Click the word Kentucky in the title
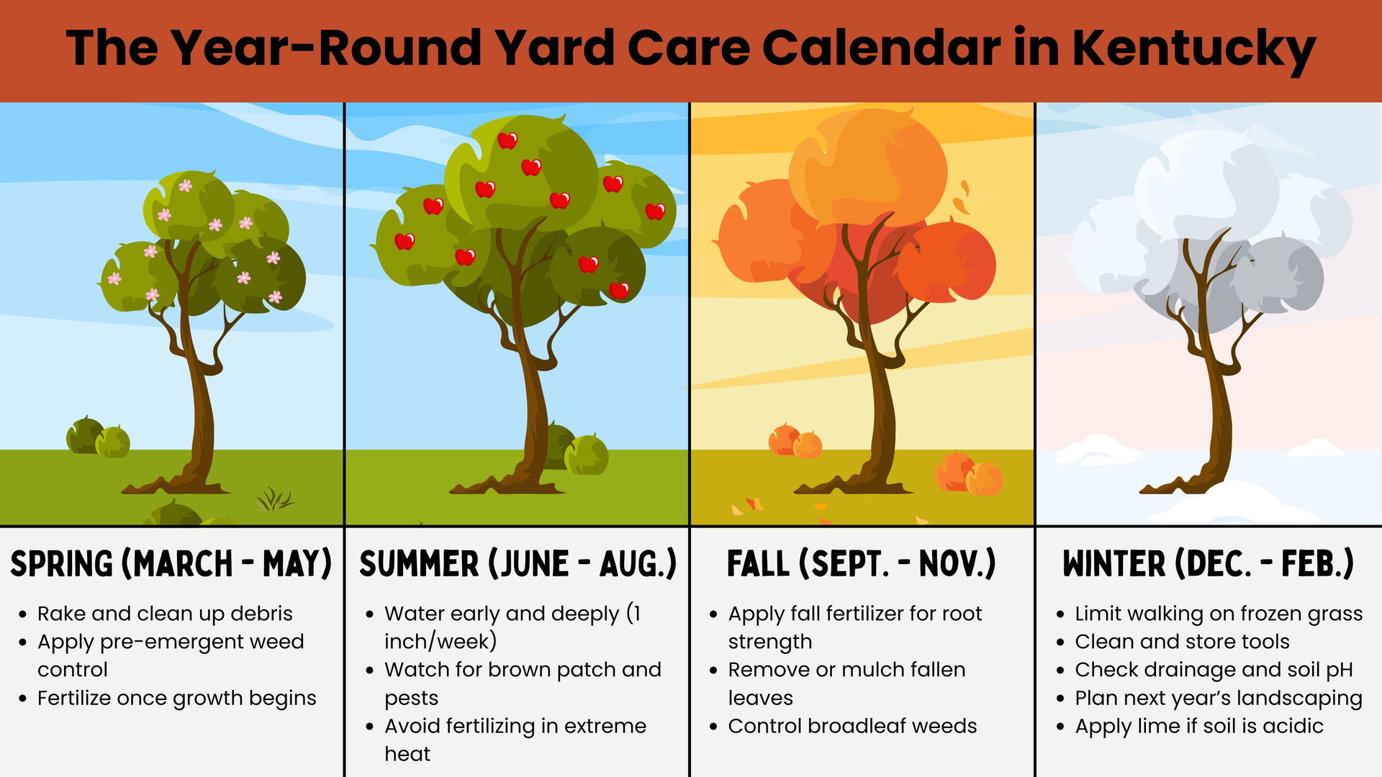point(1194,50)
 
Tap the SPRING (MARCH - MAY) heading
point(171,563)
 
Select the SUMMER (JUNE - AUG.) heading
point(518,563)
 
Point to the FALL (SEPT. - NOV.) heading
point(862,563)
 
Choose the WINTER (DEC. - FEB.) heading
point(1209,563)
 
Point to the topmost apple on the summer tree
point(507,140)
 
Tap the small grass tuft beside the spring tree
point(274,499)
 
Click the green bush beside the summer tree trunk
point(579,450)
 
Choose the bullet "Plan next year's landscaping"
point(1219,699)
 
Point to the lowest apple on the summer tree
point(619,290)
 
